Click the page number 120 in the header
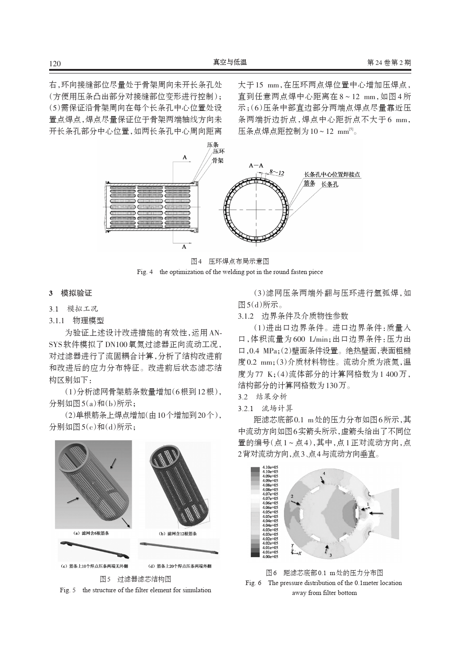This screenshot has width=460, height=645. point(55,64)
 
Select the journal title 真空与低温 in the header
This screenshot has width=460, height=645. point(230,62)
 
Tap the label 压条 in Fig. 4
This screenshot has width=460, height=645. point(212,145)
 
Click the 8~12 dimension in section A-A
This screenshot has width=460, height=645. point(276,173)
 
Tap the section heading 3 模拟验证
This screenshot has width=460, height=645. point(70,293)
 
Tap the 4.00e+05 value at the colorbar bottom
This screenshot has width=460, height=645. point(270,557)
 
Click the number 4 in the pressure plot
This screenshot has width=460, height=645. point(324,473)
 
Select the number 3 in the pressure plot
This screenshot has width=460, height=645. point(330,555)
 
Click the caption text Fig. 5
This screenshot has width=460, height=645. point(68,590)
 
